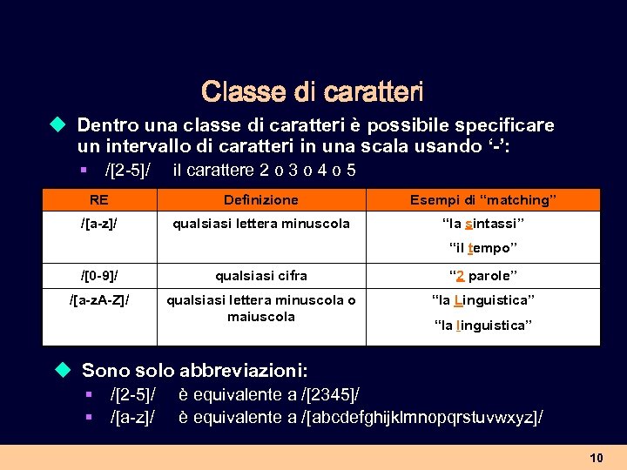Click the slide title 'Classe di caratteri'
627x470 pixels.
(x=312, y=91)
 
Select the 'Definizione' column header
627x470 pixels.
(x=261, y=199)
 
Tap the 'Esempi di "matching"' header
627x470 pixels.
(x=483, y=199)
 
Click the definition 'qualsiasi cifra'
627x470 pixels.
(x=261, y=276)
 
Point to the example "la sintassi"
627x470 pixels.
(x=483, y=224)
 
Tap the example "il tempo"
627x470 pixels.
(x=483, y=248)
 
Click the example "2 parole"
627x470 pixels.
(x=483, y=276)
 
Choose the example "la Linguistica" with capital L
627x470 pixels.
(x=483, y=300)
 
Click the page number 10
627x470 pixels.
(x=597, y=458)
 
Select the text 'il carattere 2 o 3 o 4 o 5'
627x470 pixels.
(x=265, y=170)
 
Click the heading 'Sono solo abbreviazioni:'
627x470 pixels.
(x=194, y=370)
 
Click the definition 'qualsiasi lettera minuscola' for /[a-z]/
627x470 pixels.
(x=261, y=224)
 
